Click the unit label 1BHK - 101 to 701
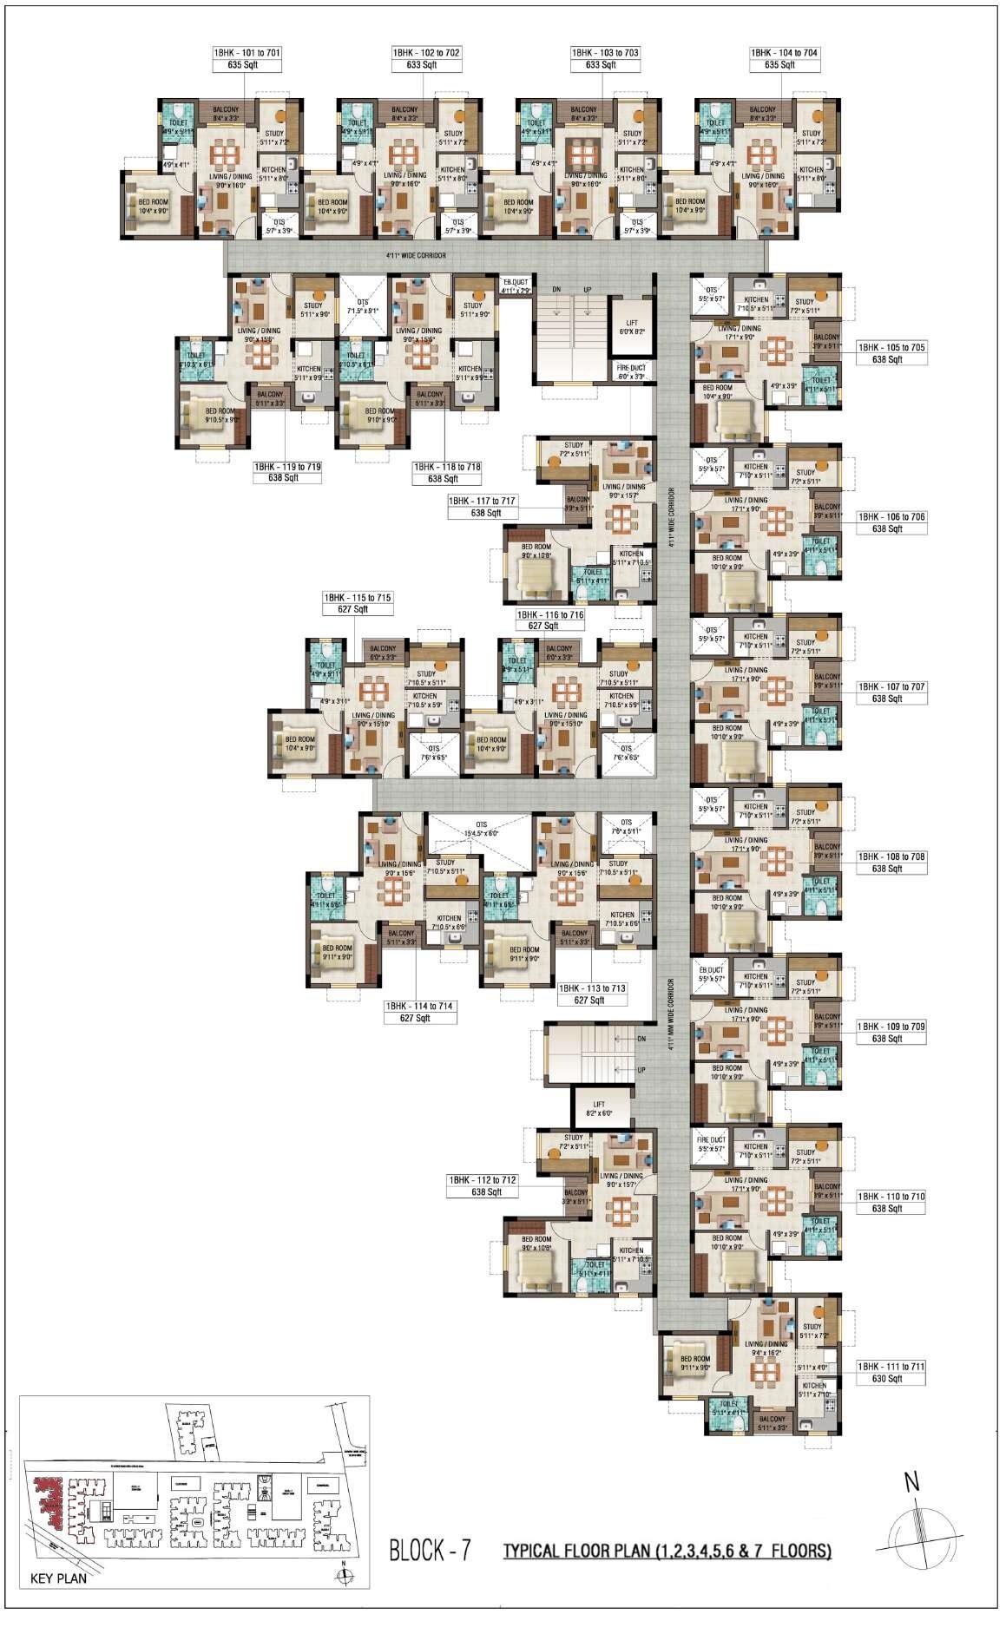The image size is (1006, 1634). coord(247,53)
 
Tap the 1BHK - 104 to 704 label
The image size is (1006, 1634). coord(785,53)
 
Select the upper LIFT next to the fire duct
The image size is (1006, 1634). coord(631,326)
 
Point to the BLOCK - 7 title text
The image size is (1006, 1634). coord(430,1550)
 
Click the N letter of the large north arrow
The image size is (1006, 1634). coord(911,1481)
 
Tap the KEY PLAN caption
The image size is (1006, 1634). coord(58,1578)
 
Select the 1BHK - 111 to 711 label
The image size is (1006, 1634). coord(891,1367)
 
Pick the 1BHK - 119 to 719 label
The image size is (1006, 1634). coord(287,467)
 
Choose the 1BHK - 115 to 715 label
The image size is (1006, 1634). coord(357,598)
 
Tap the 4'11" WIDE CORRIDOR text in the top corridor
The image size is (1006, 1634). coord(416,256)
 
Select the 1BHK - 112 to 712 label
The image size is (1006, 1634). coord(483,1180)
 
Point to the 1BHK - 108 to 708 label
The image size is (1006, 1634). coord(891,856)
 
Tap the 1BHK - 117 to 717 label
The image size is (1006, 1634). coord(482,502)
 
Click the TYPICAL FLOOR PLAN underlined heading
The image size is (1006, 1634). coord(667,1551)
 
